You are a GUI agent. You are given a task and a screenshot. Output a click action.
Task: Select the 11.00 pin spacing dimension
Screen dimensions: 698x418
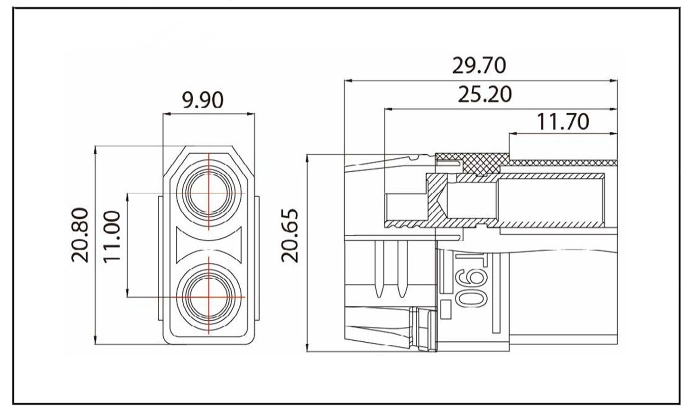coord(112,236)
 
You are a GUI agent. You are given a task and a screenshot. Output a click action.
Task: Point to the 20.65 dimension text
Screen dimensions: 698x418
coord(290,236)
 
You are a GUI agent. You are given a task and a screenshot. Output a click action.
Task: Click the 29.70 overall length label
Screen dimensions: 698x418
coord(479,66)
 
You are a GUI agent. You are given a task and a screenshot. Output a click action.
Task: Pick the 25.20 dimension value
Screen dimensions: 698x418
coord(484,94)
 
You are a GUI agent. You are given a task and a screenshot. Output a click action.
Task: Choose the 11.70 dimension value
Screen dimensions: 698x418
coord(563,121)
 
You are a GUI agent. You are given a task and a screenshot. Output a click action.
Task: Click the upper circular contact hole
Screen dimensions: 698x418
coord(209,193)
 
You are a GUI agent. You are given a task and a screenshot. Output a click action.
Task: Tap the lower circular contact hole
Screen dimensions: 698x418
coord(209,297)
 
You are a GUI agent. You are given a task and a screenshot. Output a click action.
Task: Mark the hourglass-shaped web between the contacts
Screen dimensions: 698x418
coord(209,245)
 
